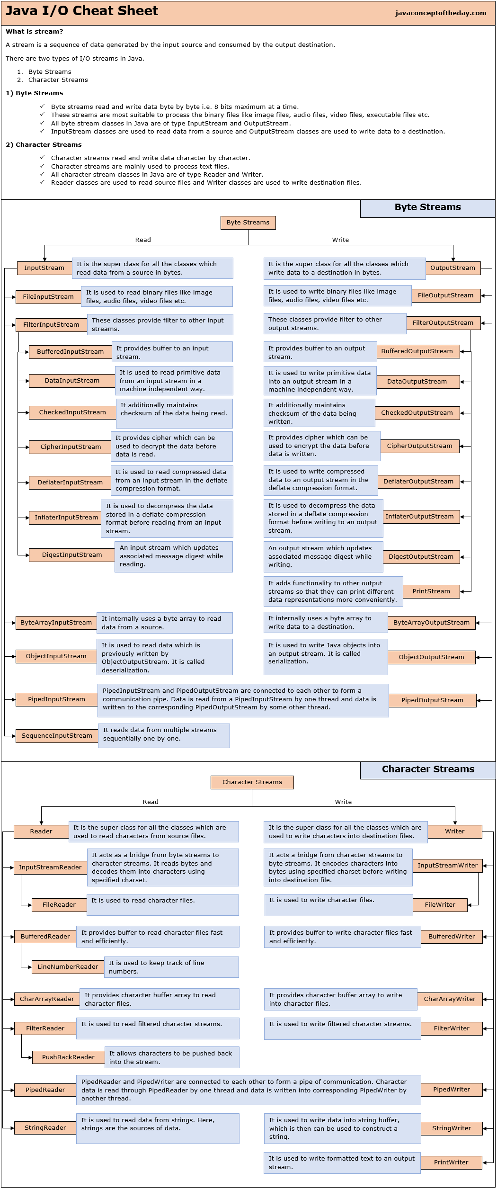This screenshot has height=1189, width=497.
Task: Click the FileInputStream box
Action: (x=48, y=297)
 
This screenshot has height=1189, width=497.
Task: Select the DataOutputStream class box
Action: (x=417, y=382)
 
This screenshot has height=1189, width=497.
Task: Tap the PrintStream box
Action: (x=431, y=591)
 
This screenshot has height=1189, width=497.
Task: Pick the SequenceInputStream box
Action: (x=57, y=736)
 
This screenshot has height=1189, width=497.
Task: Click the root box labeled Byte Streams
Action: (x=248, y=223)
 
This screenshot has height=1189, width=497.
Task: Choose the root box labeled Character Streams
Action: (x=252, y=782)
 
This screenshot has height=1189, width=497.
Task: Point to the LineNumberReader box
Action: (x=68, y=967)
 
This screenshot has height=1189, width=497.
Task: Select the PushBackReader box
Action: (x=68, y=1057)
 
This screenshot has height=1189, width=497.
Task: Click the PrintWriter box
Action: (x=451, y=1162)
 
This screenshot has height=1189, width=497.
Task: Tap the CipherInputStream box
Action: (x=71, y=447)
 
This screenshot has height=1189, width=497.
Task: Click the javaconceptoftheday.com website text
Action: (x=441, y=13)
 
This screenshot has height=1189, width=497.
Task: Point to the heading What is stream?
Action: (x=35, y=32)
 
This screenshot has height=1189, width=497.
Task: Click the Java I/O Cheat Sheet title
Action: (x=82, y=11)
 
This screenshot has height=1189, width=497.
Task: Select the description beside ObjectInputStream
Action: (x=164, y=657)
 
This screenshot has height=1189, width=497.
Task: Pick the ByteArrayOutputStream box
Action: (x=431, y=623)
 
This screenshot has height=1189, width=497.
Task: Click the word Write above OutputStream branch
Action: (x=340, y=240)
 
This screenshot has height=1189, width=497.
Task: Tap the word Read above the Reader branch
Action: (x=151, y=802)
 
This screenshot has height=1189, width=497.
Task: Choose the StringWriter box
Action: (x=451, y=1128)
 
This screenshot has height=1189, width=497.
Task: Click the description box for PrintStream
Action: (x=333, y=591)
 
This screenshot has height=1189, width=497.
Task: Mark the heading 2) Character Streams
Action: (x=44, y=145)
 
